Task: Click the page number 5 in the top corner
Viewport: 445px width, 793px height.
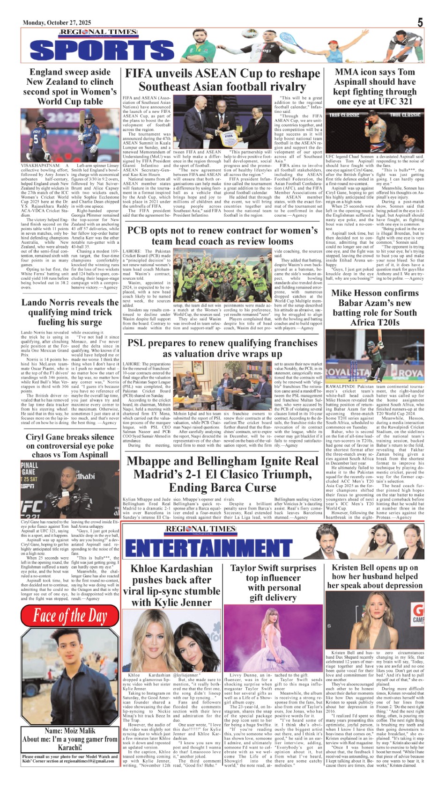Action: click(x=420, y=22)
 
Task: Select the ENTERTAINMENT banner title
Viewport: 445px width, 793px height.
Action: click(x=208, y=547)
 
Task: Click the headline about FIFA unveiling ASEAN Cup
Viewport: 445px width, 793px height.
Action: click(x=222, y=80)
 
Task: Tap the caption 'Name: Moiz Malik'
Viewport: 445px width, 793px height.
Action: click(x=70, y=730)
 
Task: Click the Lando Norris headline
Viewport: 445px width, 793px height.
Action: click(x=70, y=312)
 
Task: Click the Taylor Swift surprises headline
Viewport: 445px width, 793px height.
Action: click(x=273, y=582)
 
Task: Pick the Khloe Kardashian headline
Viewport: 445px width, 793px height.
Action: click(x=171, y=585)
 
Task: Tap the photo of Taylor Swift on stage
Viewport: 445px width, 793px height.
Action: click(x=273, y=639)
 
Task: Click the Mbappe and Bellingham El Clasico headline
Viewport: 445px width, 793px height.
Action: click(x=222, y=474)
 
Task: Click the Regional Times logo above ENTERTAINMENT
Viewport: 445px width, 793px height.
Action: click(x=200, y=529)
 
